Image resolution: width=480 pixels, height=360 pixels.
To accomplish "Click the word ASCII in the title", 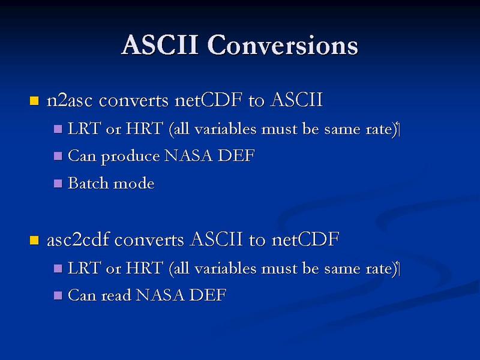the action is coord(160,45).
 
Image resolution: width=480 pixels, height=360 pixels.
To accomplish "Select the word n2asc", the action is coord(69,100).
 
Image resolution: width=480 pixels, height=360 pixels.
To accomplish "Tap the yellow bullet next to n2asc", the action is coord(34,101).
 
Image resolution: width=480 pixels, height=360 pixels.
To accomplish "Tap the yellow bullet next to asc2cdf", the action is coord(34,241).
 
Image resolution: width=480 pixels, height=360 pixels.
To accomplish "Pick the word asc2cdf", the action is coord(78,239).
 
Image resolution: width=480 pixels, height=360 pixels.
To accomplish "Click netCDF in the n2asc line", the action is coord(208,100).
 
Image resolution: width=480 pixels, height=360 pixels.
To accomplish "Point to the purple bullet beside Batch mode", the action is coord(58,184).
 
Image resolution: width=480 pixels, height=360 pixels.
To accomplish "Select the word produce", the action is coord(130,157).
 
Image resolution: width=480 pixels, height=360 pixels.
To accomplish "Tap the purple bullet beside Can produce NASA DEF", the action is coord(58,156).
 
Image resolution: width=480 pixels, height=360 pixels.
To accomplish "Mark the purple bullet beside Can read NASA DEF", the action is coord(58,295).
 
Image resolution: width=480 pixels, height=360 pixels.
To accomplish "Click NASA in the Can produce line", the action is coord(188,155).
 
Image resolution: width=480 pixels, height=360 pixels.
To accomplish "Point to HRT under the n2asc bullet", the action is coord(144,128).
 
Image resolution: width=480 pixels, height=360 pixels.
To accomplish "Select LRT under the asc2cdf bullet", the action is coord(83,268).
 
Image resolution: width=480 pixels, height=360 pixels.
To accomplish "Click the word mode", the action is coord(134,184).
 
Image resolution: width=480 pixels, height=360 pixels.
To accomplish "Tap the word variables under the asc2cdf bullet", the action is coord(226,268).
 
